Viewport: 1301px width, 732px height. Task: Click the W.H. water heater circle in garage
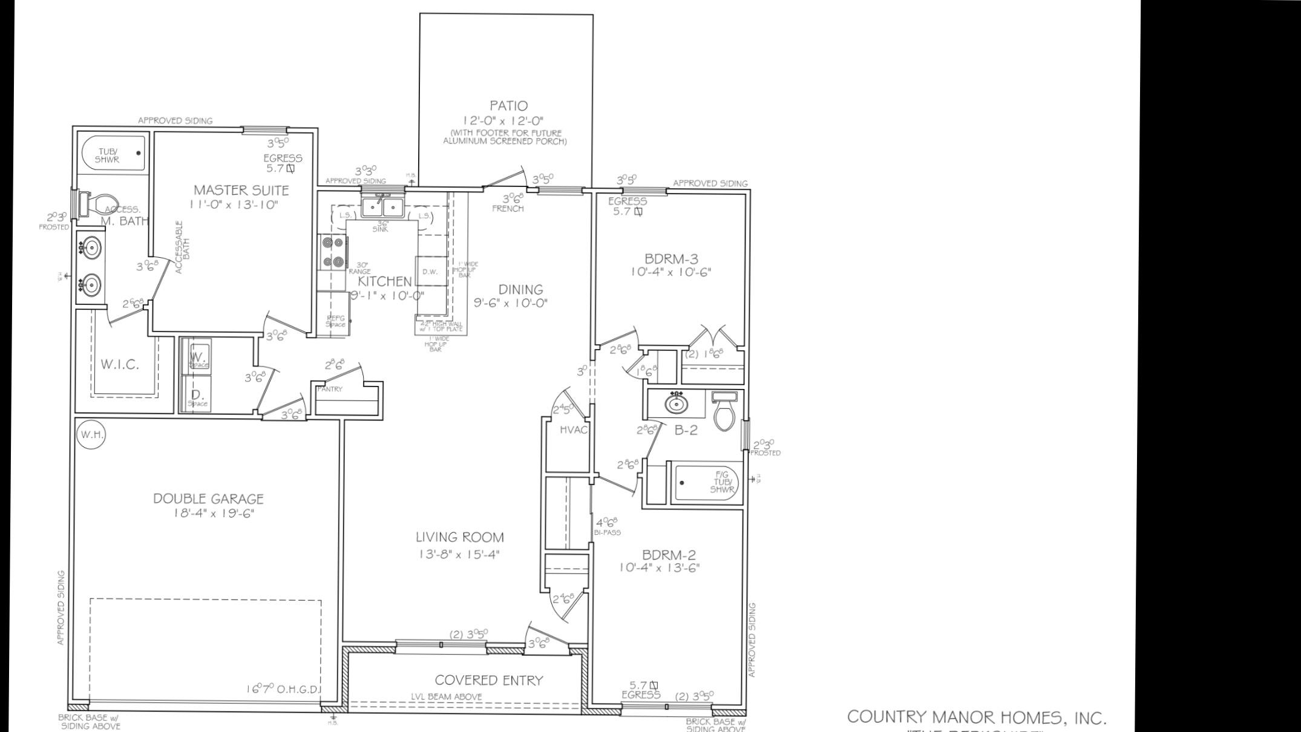(91, 434)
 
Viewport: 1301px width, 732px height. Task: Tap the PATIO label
(508, 106)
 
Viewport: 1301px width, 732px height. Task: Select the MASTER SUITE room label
(241, 190)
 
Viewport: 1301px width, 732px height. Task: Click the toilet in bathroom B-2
(724, 413)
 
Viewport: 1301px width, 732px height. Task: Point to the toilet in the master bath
(100, 203)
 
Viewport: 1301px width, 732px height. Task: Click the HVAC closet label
(574, 430)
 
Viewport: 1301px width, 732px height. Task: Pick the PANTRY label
(330, 389)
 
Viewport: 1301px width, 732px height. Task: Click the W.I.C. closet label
(120, 364)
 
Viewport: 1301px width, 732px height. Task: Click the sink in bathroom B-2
(676, 403)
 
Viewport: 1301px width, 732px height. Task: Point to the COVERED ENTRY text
(488, 681)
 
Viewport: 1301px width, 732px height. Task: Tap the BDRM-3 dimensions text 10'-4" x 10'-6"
(670, 272)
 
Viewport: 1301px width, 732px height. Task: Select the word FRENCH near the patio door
(508, 209)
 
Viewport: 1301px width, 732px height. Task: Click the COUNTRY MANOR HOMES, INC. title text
(976, 717)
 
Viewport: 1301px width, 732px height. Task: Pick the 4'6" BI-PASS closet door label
(607, 526)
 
